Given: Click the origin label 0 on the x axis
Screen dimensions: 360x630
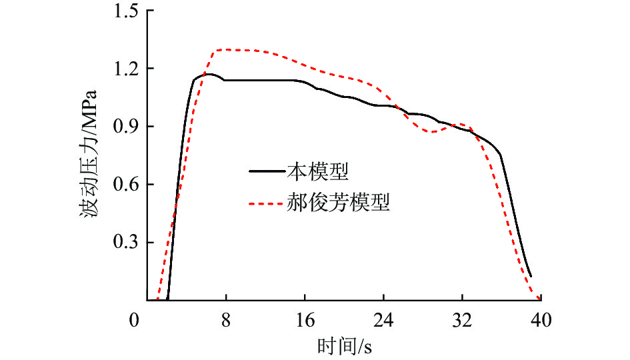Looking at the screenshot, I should click(135, 321).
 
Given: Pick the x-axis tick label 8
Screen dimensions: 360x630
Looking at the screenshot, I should click(227, 321).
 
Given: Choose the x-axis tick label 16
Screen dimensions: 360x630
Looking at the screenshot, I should click(305, 321).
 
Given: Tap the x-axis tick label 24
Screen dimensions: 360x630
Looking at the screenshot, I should click(383, 321).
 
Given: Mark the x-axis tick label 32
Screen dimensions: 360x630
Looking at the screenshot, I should click(461, 321).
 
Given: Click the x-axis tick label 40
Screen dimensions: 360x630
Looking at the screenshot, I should click(539, 321).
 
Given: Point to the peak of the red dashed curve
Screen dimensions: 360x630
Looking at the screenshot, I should click(230, 49).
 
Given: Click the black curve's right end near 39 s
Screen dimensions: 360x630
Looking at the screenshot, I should click(531, 276).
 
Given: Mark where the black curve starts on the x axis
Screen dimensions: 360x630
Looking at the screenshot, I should click(167, 300).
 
